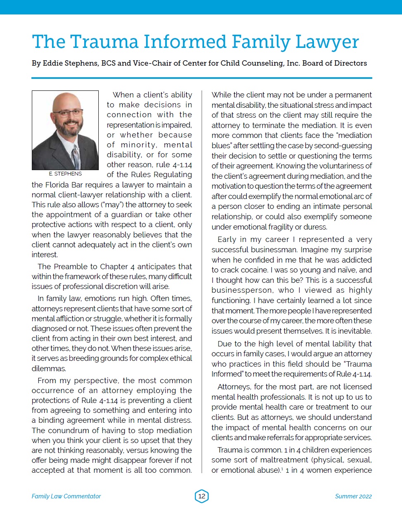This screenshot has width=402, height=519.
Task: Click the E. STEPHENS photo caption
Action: (x=65, y=174)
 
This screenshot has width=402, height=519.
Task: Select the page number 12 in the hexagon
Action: (x=202, y=496)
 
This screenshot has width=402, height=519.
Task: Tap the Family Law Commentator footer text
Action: (x=66, y=496)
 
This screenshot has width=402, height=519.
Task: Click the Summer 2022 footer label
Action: (x=353, y=496)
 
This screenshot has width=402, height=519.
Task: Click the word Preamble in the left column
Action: (x=69, y=266)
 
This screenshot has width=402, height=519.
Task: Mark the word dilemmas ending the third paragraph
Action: (x=49, y=368)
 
